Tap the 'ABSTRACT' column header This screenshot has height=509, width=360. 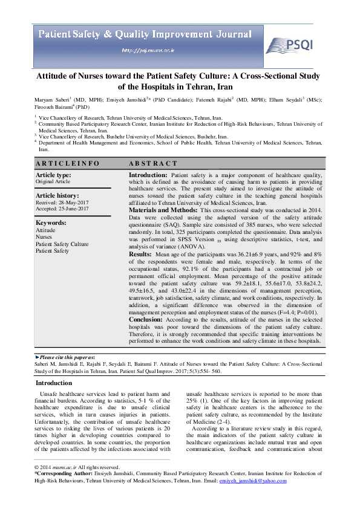pos(153,163)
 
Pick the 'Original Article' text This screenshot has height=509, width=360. pos(53,181)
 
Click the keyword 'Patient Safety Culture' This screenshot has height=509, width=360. pos(62,244)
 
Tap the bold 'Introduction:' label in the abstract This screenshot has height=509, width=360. pos(149,175)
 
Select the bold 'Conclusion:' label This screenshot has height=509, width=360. pos(146,320)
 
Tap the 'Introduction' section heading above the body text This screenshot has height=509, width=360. pos(54,383)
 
